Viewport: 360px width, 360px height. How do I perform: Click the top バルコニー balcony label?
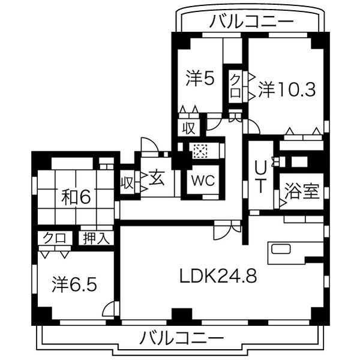click(252, 22)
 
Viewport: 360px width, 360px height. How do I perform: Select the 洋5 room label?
click(200, 78)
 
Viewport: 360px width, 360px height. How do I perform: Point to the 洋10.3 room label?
click(287, 90)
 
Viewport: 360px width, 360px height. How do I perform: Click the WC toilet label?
click(200, 180)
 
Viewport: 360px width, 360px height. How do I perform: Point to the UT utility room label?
click(260, 175)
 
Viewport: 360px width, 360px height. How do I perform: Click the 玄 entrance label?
click(157, 178)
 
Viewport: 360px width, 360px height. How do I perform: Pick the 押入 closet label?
click(96, 238)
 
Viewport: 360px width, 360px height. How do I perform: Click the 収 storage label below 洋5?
click(188, 127)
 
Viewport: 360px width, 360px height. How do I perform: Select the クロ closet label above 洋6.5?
click(55, 238)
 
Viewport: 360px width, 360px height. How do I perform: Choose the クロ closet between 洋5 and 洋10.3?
click(235, 86)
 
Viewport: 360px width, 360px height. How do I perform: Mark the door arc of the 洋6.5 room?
click(109, 310)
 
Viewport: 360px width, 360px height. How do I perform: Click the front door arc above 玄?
click(149, 145)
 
